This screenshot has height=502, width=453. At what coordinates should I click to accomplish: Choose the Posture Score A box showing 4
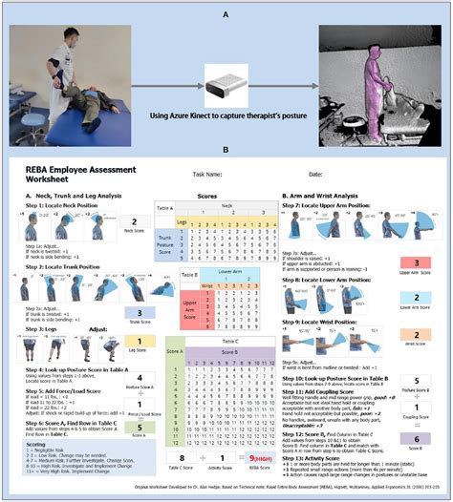pyautogui.click(x=140, y=378)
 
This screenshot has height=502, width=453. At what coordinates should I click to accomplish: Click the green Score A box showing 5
pyautogui.click(x=140, y=429)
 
